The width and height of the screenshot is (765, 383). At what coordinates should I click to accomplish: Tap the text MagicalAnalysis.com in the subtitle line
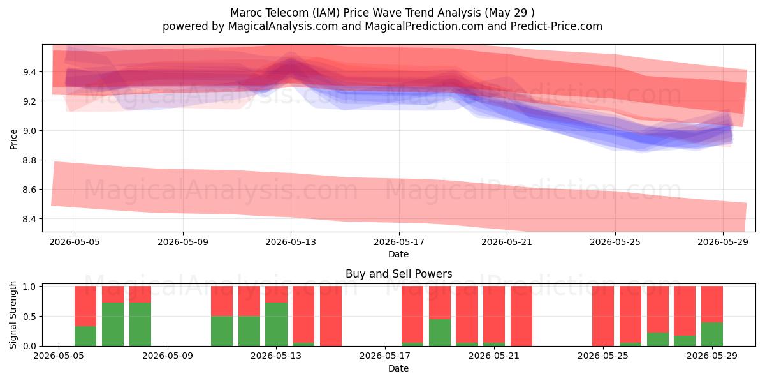(x=283, y=26)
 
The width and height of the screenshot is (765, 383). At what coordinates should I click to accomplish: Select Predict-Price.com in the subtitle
(x=557, y=26)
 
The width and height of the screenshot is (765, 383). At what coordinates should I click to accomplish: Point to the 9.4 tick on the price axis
(x=30, y=72)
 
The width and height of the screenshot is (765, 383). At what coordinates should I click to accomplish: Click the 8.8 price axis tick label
(x=30, y=160)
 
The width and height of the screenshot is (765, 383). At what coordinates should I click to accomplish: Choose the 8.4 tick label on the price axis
(x=30, y=219)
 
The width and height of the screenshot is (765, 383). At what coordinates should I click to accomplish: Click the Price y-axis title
(x=13, y=139)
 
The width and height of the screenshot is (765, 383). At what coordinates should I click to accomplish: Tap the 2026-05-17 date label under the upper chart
(x=399, y=242)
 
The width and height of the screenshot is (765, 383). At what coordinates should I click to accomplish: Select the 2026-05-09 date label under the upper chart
(x=183, y=242)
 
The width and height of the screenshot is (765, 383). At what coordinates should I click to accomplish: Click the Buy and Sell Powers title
(x=399, y=274)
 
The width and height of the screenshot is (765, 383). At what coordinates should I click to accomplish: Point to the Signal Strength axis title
(x=13, y=315)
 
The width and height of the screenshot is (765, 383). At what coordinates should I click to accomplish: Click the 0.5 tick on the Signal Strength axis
(x=30, y=317)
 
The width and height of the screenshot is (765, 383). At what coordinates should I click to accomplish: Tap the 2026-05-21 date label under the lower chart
(x=494, y=356)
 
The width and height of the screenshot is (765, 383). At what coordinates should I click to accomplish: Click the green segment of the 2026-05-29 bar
(x=712, y=334)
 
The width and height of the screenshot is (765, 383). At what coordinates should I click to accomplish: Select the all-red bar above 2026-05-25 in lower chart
(x=603, y=316)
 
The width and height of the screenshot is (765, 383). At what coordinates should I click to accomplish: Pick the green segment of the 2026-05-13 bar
(x=276, y=324)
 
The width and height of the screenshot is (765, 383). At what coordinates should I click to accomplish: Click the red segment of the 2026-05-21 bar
(x=494, y=314)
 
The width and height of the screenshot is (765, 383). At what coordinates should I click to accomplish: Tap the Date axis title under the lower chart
(x=398, y=368)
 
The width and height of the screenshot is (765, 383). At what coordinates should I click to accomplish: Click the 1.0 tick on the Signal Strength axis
(x=30, y=287)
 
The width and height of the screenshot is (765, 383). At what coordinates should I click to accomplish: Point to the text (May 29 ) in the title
(x=509, y=13)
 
